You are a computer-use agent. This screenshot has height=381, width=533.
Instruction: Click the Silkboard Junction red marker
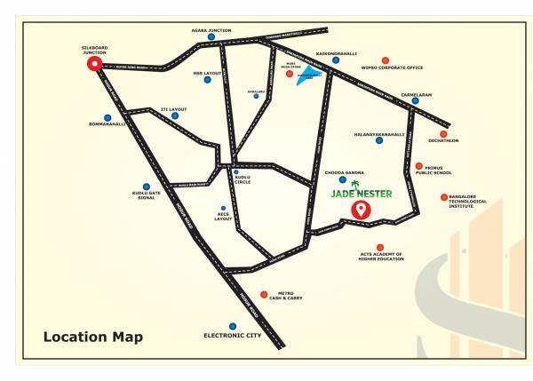point(93,65)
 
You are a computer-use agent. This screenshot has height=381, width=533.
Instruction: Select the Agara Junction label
point(211,29)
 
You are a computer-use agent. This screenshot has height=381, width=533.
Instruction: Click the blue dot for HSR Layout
point(207,80)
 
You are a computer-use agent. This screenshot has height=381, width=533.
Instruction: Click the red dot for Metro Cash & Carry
point(263,294)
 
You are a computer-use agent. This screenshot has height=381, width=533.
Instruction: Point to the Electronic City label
point(233,337)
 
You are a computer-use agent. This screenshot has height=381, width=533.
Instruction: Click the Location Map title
point(92,337)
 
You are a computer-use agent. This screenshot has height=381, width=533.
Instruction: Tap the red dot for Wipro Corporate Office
point(384,59)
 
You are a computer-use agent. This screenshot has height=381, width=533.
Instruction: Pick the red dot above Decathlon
point(443,133)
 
